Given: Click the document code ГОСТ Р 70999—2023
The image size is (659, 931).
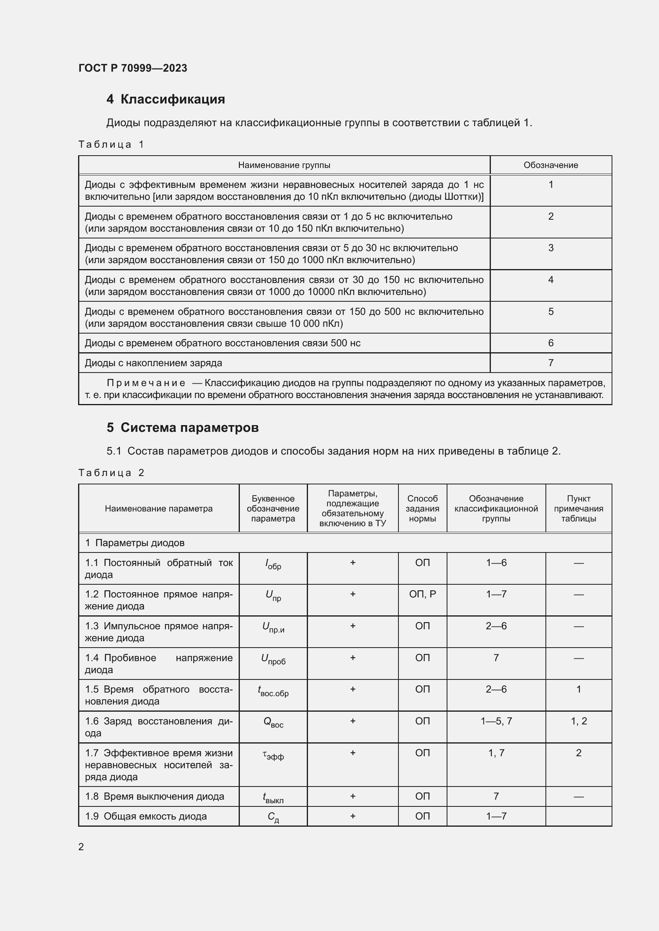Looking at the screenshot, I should (x=133, y=68).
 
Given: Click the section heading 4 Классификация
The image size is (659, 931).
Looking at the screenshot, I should (x=166, y=99).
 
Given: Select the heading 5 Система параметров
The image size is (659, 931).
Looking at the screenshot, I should (x=182, y=427).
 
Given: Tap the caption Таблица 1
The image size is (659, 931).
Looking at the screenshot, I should (x=111, y=144).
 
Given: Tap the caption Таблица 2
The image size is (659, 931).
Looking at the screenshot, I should (x=111, y=473).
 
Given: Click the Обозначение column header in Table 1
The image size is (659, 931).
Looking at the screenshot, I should (x=550, y=165).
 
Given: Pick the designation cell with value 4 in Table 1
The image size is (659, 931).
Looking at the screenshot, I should (x=550, y=279).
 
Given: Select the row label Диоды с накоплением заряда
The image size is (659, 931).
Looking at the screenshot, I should (x=153, y=363).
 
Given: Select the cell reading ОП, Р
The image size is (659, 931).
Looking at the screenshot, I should (x=422, y=594).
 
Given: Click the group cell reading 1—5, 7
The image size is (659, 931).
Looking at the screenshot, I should (x=496, y=721).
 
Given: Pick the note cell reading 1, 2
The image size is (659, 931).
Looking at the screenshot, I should (x=578, y=721).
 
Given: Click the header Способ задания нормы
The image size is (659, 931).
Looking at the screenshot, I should (x=422, y=508).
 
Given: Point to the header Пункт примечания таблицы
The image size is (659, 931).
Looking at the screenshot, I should (x=578, y=508).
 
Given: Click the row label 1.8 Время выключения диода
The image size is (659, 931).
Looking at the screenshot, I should (x=155, y=796).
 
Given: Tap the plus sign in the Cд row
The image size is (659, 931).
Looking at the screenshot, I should (x=352, y=816).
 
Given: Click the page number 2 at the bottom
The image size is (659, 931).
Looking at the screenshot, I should (x=81, y=847).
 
